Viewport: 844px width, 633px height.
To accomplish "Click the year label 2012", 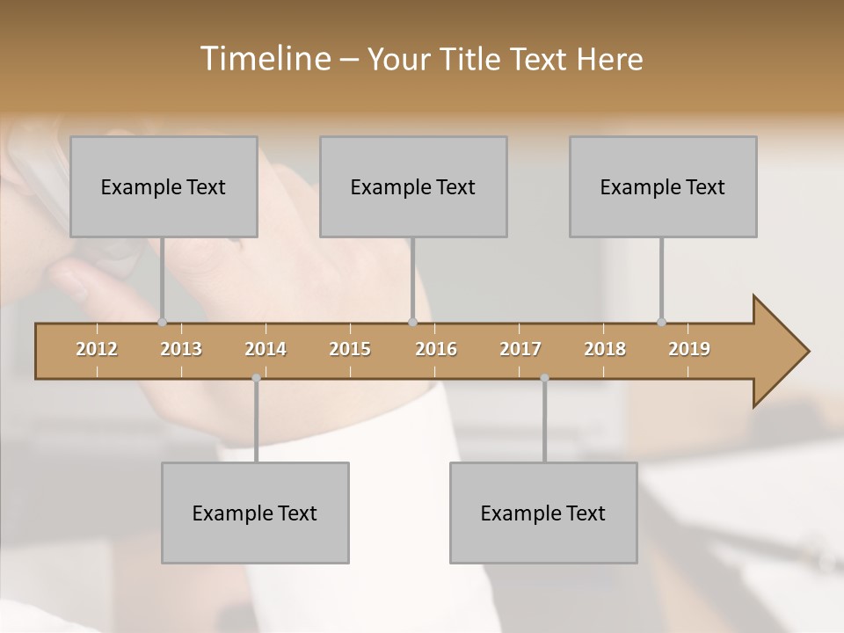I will [97, 349].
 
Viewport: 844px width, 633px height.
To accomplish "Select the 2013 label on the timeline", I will [181, 349].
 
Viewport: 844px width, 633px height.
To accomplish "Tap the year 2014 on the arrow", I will [266, 349].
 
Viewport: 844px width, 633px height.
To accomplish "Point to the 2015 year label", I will [350, 349].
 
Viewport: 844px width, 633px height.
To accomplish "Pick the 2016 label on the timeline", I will [436, 349].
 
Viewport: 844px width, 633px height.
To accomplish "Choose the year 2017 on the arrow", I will [520, 349].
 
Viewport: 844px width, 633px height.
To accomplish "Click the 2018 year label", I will [605, 349].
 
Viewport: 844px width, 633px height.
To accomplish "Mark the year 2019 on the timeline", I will [689, 349].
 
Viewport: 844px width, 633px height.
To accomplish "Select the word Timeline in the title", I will [263, 59].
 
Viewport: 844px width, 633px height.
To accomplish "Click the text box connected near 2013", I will [164, 186].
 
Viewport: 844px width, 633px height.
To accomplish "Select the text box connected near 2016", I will [413, 186].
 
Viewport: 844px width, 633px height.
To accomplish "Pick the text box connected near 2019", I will [663, 186].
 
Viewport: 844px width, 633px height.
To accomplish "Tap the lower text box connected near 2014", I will [255, 513].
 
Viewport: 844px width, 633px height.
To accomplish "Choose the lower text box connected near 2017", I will [543, 513].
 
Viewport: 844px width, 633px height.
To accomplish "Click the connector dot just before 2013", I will [162, 322].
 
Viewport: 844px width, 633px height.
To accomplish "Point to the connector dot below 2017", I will [544, 378].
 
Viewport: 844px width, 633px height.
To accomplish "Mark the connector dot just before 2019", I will [661, 322].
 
